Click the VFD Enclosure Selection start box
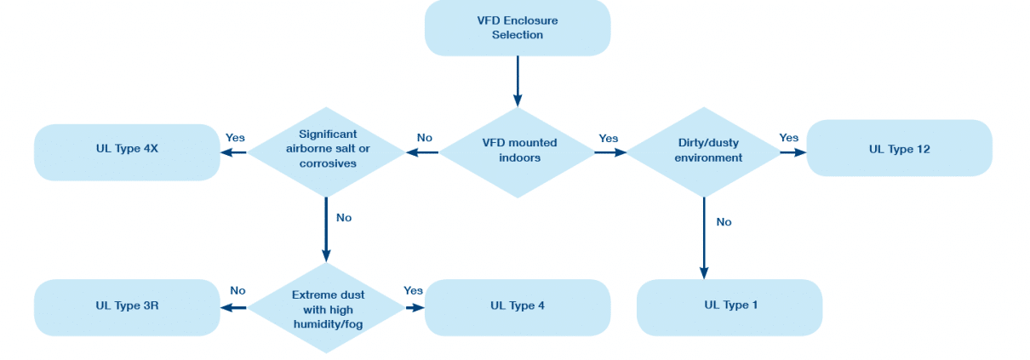coord(518,28)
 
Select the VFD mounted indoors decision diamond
coord(518,152)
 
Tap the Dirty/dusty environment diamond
coord(704,151)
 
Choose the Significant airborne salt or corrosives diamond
coord(327,151)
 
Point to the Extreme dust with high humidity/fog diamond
coord(327,307)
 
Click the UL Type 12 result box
coord(899,149)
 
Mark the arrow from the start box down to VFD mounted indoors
coord(518,82)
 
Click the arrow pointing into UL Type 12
coord(794,152)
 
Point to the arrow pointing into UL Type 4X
coord(234,152)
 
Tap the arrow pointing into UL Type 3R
coord(234,307)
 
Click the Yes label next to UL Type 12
coord(789,137)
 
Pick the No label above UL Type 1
coord(724,221)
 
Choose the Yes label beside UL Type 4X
coord(235,137)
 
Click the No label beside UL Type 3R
coord(237,290)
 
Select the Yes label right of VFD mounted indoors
coord(609,138)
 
